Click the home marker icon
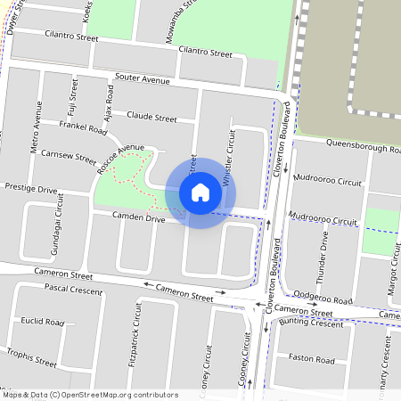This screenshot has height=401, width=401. [200, 192]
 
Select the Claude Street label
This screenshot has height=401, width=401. [151, 117]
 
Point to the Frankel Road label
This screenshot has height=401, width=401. [83, 128]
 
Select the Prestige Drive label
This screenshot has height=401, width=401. [31, 189]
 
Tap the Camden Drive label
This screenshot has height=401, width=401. [138, 217]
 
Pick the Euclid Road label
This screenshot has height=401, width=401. [43, 321]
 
